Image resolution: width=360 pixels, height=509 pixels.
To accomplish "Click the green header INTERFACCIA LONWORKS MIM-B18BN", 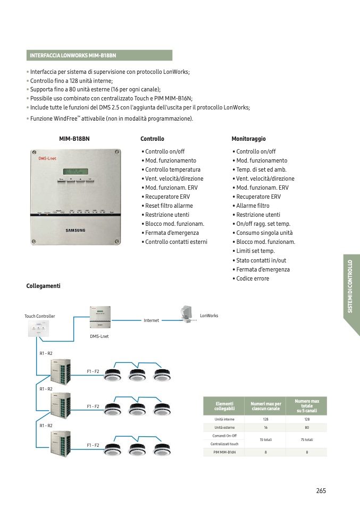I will pyautogui.click(x=99, y=55).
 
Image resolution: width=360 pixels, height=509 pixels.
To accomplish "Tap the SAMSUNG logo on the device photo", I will pyautogui.click(x=75, y=230).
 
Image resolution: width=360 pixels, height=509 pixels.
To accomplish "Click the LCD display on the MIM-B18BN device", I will pyautogui.click(x=75, y=171).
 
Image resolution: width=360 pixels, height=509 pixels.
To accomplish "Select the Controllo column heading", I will pyautogui.click(x=152, y=139).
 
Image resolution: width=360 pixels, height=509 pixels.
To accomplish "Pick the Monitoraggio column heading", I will pyautogui.click(x=248, y=139).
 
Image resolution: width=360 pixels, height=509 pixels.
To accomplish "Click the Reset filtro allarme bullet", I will pyautogui.click(x=169, y=206).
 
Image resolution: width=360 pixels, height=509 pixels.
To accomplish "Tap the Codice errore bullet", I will pyautogui.click(x=253, y=278).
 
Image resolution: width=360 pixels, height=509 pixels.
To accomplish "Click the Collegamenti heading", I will pyautogui.click(x=43, y=286).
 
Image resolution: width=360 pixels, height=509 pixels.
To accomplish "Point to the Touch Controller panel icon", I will pyautogui.click(x=40, y=329).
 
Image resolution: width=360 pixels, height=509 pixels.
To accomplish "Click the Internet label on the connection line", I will pyautogui.click(x=152, y=321).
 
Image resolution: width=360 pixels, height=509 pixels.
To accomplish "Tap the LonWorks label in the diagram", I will pyautogui.click(x=209, y=316).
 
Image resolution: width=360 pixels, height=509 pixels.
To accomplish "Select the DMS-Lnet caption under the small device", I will pyautogui.click(x=99, y=336).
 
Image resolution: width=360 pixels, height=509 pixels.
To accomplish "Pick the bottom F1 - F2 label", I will pyautogui.click(x=93, y=445).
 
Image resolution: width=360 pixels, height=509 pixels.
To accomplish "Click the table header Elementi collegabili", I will pyautogui.click(x=224, y=406).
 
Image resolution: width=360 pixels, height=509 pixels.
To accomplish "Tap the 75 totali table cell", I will pyautogui.click(x=306, y=440).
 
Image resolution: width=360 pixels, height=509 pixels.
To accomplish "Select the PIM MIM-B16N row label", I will pyautogui.click(x=224, y=452).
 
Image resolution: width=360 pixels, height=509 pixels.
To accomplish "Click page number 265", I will pyautogui.click(x=321, y=490).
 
